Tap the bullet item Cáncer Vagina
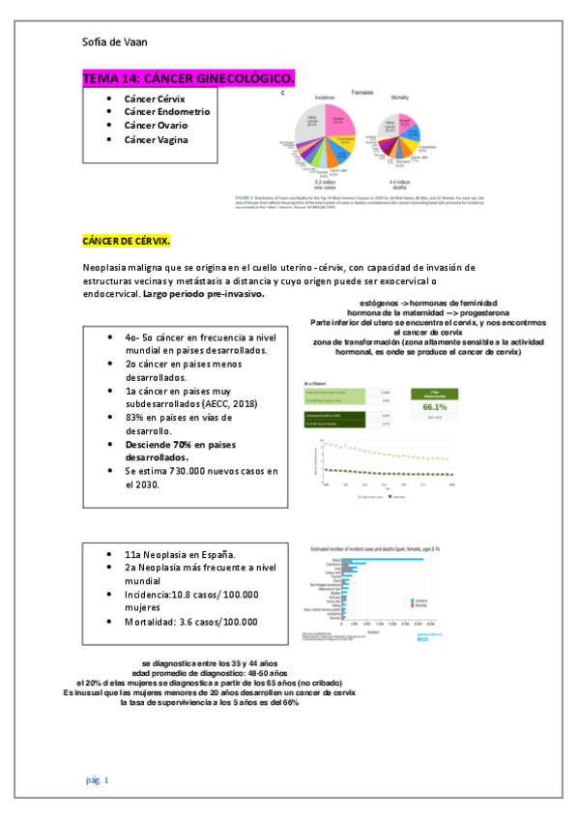click(156, 140)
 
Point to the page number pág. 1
click(97, 779)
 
